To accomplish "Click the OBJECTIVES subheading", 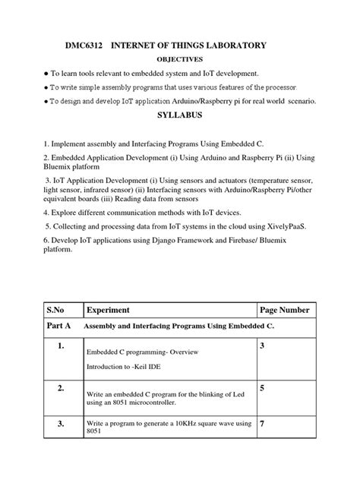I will (x=179, y=59).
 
